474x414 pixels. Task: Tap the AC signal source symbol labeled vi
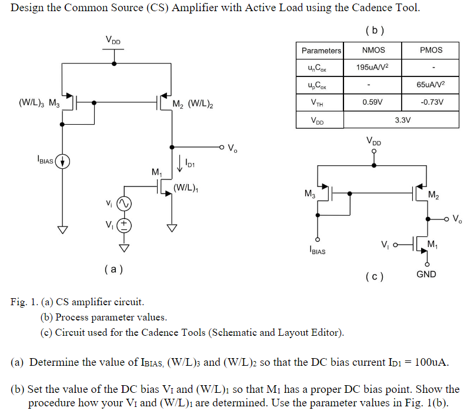[124, 203]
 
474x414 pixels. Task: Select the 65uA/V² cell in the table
[430, 85]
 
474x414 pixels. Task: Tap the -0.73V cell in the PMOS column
[430, 102]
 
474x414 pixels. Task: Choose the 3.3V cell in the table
[402, 120]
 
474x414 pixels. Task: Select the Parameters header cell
[321, 51]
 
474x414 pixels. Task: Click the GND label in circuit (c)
[426, 275]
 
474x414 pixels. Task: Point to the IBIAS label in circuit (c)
[318, 251]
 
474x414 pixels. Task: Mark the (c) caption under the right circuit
[375, 276]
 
